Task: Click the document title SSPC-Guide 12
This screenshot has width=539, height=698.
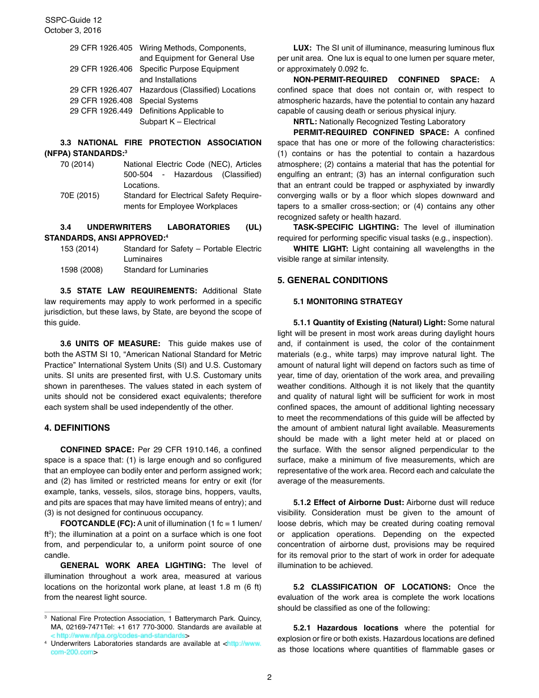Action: tap(73, 20)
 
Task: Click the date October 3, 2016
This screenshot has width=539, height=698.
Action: tap(73, 31)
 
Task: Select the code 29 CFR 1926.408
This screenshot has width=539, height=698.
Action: tap(100, 100)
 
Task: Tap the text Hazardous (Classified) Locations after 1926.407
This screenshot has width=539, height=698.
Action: tap(197, 90)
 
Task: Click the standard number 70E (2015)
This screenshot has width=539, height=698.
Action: tap(79, 196)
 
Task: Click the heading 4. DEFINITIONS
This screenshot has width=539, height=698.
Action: tap(77, 428)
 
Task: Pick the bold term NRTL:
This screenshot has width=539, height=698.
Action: tap(305, 121)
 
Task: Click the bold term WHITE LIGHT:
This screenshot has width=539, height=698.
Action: tap(321, 249)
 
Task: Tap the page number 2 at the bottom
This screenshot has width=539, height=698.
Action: tap(269, 677)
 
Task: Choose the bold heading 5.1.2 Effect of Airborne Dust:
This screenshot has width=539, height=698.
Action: tap(348, 503)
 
